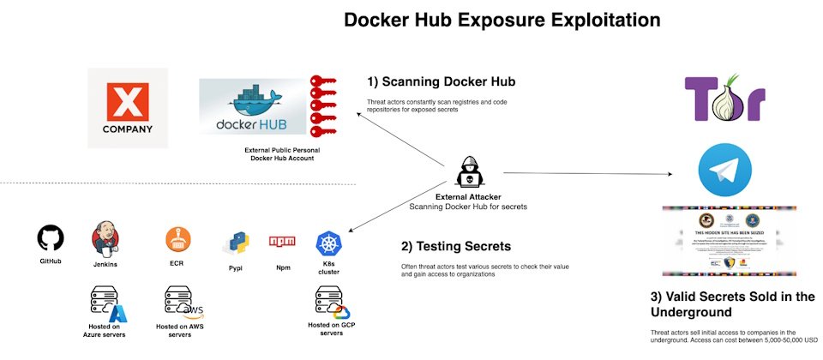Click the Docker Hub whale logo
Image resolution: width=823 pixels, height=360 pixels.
point(252,107)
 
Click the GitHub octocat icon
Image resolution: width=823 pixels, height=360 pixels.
point(51,238)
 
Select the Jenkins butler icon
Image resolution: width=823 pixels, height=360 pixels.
point(105,240)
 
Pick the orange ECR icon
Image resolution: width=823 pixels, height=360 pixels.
point(177,240)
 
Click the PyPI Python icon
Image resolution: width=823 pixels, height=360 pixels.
point(235,244)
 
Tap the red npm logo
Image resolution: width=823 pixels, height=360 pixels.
point(282,243)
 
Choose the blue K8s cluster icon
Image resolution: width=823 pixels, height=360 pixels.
point(329,243)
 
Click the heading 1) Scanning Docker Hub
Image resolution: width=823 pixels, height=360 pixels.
point(441,82)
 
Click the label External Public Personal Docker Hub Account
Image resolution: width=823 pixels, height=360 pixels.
point(276,153)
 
